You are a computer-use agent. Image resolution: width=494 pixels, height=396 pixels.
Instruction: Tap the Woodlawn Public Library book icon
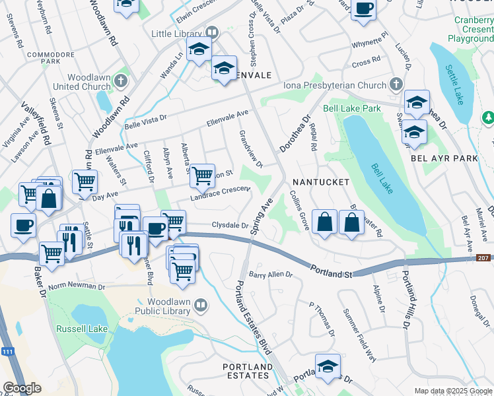point(200,305)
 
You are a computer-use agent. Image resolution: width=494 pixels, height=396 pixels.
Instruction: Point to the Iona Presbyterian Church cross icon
point(396,84)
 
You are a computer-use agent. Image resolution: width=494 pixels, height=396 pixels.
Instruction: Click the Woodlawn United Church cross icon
point(120,81)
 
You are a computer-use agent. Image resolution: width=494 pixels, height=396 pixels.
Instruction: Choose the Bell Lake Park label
point(352,108)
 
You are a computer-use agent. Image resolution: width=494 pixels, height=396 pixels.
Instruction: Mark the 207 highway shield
point(483,257)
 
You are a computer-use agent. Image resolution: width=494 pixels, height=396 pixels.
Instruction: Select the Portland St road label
point(334,271)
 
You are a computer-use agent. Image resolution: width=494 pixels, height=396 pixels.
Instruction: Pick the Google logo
point(22,388)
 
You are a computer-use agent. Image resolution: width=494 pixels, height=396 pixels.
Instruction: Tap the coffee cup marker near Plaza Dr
point(363,9)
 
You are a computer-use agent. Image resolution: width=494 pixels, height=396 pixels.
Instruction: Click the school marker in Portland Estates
point(328,366)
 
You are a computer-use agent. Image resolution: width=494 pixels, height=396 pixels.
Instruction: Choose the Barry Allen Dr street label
point(270,274)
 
